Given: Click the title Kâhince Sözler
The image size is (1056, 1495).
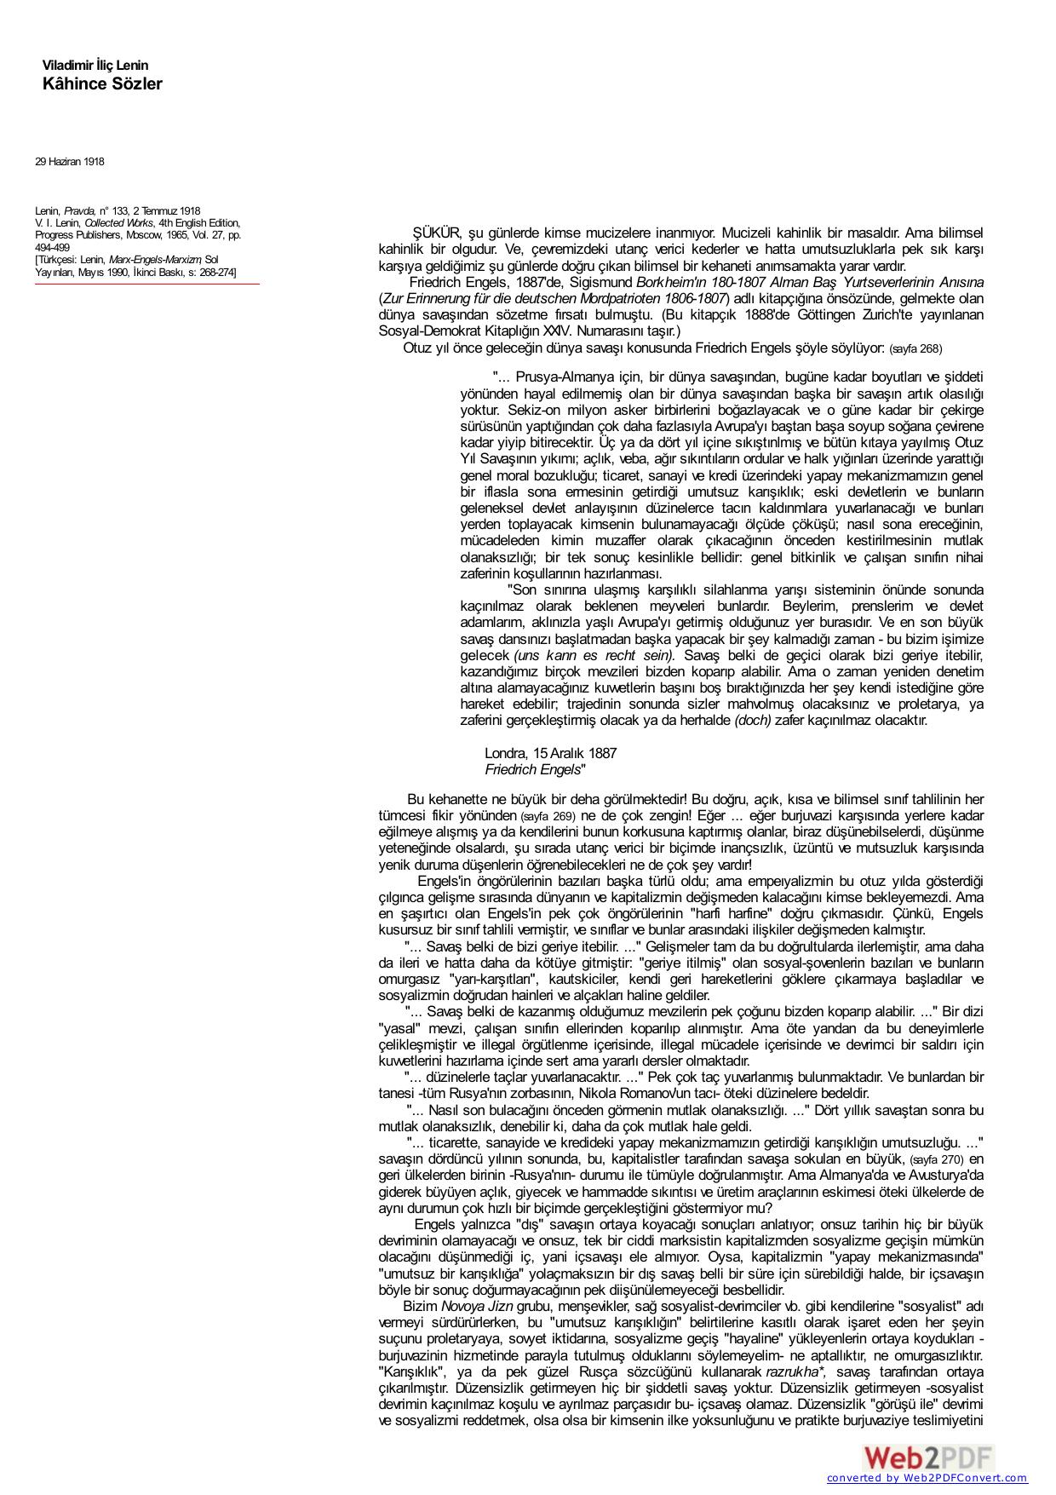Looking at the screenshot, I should [102, 83].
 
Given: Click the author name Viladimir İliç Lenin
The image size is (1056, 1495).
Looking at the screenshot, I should [95, 66].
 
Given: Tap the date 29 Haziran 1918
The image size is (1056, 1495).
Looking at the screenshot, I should [70, 162].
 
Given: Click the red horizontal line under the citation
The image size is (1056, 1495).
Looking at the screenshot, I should [147, 284].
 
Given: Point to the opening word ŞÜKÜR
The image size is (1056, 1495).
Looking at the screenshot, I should [437, 233].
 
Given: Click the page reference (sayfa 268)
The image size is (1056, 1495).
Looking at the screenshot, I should [915, 349].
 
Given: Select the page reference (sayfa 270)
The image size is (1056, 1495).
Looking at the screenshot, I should [937, 1160].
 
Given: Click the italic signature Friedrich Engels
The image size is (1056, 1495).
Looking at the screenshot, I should [532, 769].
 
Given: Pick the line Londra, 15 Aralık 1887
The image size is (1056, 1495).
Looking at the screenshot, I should [550, 753].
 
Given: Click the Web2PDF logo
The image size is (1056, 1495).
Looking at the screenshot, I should [929, 1458].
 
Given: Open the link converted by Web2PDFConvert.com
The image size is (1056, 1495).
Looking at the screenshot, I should [927, 1478].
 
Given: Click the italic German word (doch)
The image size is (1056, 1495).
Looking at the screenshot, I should [753, 720].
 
